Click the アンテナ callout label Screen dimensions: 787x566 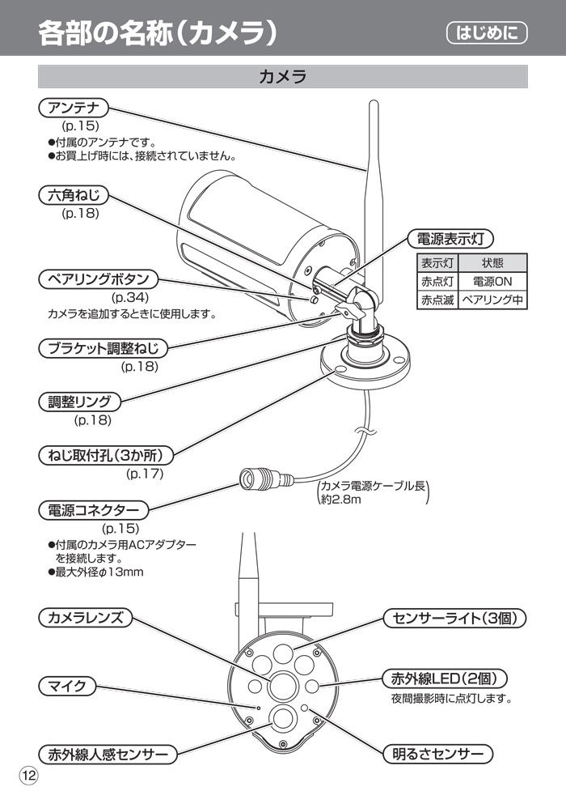(73, 108)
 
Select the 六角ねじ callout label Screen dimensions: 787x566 (73, 195)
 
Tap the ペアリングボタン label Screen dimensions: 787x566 (99, 279)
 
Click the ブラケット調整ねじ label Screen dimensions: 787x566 (103, 349)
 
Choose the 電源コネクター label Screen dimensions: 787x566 (93, 510)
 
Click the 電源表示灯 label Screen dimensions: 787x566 (450, 239)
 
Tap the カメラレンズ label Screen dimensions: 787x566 (85, 618)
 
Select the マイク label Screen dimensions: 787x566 (67, 687)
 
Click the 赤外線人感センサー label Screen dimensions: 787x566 (107, 755)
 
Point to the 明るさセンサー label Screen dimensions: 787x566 (437, 754)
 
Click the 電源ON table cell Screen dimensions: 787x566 (492, 282)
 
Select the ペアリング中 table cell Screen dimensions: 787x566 (492, 300)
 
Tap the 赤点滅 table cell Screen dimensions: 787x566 (437, 300)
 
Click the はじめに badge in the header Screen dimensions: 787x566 (486, 33)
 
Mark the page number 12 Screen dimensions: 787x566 (28, 775)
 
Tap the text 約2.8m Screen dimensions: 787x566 (340, 500)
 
